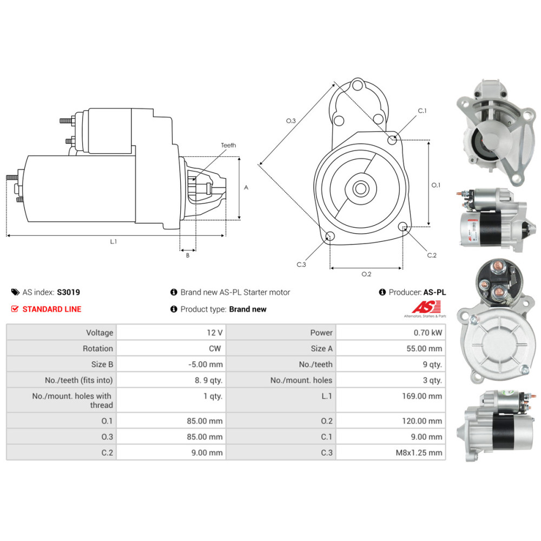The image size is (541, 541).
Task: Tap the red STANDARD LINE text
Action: [x=51, y=309]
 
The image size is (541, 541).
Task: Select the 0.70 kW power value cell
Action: [x=391, y=333]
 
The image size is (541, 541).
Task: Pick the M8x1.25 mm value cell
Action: [x=391, y=453]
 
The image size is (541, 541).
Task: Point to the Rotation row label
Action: [x=61, y=348]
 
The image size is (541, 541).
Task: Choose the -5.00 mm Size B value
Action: [x=171, y=365]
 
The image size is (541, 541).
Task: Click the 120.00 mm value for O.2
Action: [x=391, y=421]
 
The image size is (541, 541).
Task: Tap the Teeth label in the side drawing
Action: [x=228, y=145]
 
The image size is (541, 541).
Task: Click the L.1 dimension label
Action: [x=114, y=242]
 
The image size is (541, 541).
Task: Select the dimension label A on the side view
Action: [x=246, y=188]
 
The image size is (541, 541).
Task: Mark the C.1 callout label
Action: [x=422, y=111]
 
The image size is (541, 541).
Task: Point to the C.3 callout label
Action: [x=301, y=265]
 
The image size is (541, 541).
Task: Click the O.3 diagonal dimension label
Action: [x=291, y=121]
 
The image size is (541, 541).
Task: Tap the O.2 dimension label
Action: [x=366, y=274]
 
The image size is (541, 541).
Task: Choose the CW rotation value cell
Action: [x=171, y=348]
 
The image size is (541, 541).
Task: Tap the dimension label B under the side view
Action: [x=188, y=255]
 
